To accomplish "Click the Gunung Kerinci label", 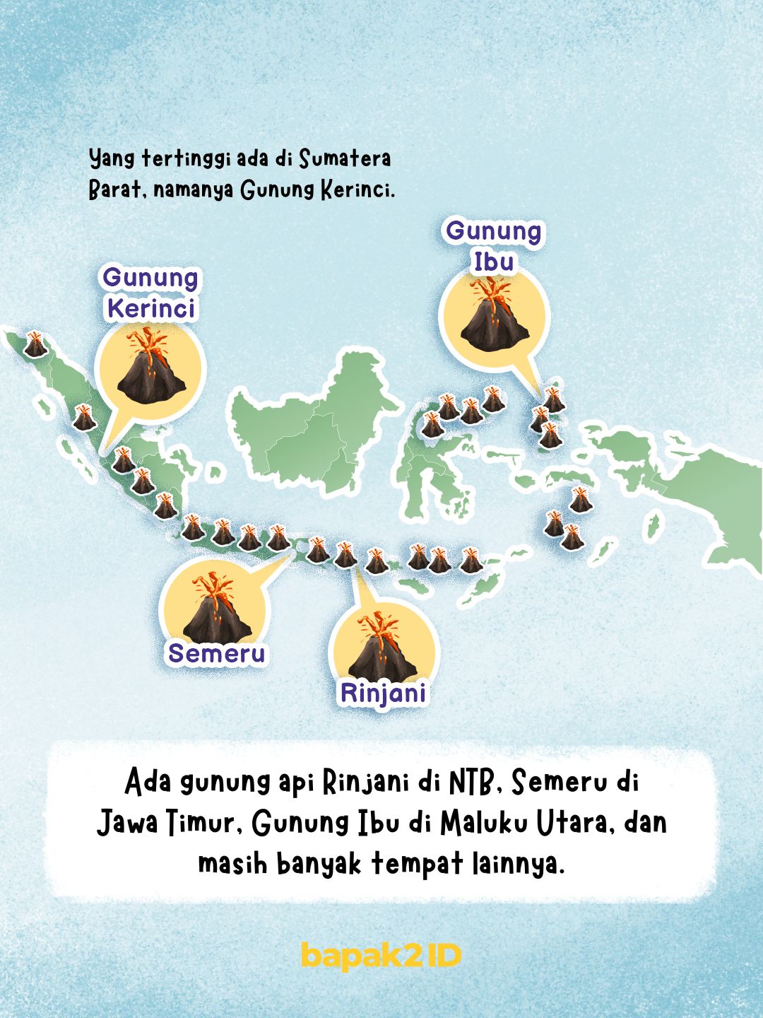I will pyautogui.click(x=150, y=293).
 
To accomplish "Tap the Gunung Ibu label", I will pyautogui.click(x=493, y=246).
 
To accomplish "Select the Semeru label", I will pyautogui.click(x=216, y=653).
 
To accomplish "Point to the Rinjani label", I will pyautogui.click(x=384, y=693).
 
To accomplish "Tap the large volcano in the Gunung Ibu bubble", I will pyautogui.click(x=494, y=317).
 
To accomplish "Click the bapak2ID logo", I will pyautogui.click(x=381, y=956).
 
